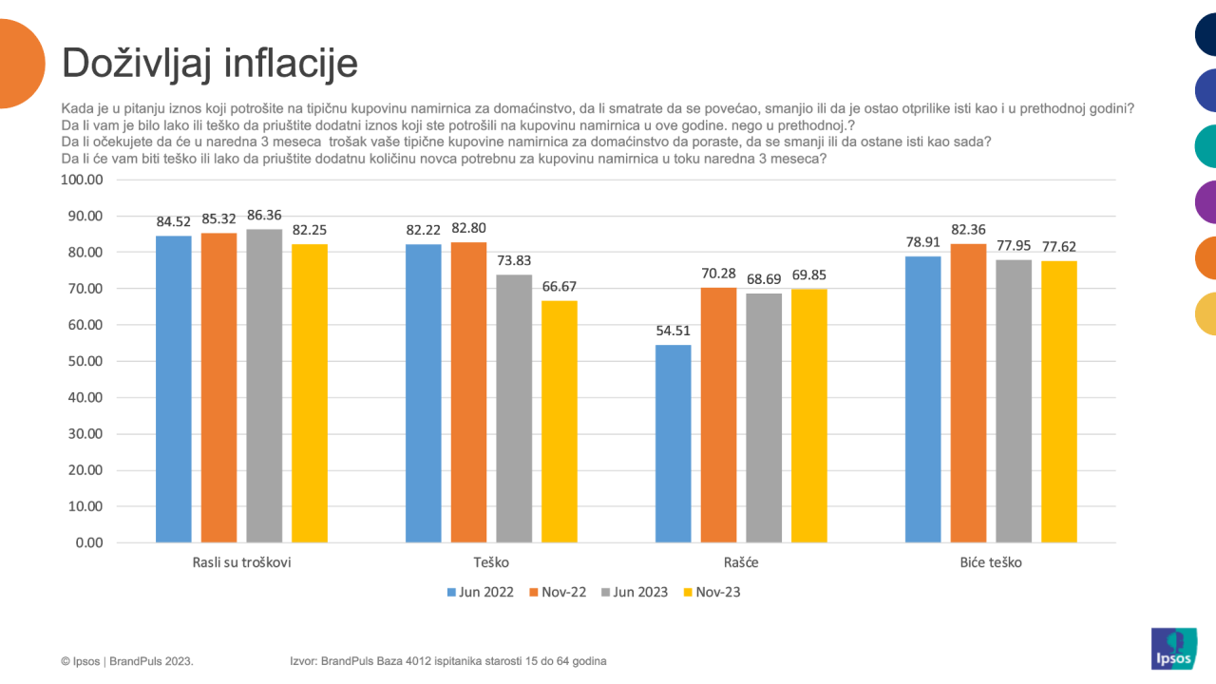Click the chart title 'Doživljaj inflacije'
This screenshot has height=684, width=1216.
pos(210,64)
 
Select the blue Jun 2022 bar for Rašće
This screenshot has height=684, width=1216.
pos(674,444)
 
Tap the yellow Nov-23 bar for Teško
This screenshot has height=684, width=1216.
pos(559,422)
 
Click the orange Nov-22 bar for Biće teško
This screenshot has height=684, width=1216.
pos(968,393)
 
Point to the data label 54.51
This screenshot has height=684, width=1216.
pos(674,332)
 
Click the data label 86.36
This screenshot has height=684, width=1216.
pos(264,216)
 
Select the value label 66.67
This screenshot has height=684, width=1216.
pos(559,287)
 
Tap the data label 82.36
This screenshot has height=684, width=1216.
pos(968,230)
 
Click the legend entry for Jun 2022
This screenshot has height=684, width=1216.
pos(480,592)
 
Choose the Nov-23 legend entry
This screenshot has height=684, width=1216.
pos(710,592)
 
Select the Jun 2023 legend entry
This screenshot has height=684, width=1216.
pos(634,592)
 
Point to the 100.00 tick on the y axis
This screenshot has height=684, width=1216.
pos(81,180)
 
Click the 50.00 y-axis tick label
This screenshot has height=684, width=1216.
pos(85,361)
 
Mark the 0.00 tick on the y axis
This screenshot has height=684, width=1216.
pos(88,542)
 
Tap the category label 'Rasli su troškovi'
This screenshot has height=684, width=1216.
pos(241,562)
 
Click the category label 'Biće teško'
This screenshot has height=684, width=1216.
pos(991,562)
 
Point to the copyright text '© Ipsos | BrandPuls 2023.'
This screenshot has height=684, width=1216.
pos(127,660)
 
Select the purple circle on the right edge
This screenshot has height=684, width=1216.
pos(1206,202)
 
